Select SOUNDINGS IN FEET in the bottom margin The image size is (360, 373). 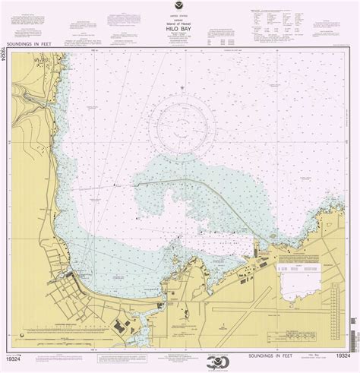click(x=180, y=354)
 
